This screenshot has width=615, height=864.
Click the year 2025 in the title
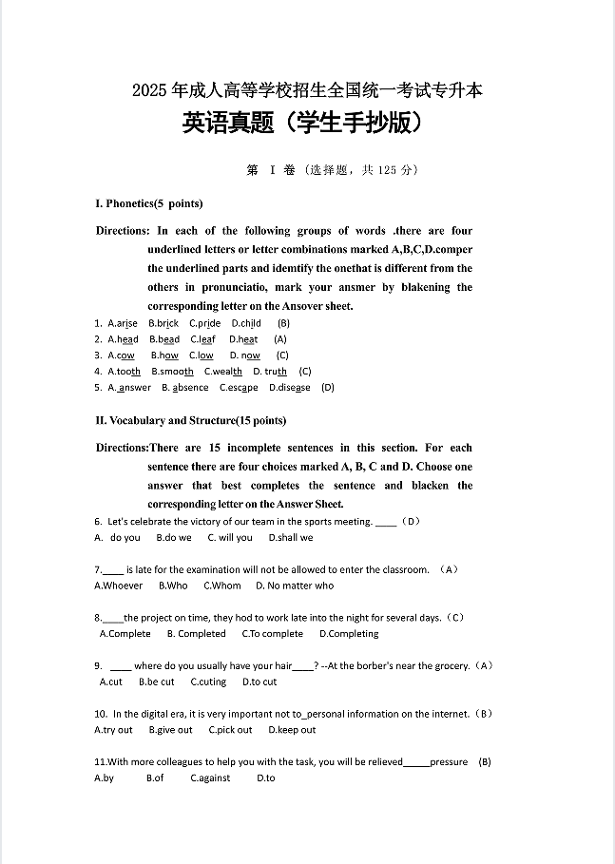point(149,91)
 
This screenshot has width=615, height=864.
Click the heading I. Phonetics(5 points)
point(148,203)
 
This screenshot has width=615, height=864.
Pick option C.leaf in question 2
point(202,339)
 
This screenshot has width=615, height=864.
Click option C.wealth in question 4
point(223,372)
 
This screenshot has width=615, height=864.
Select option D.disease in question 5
point(289,388)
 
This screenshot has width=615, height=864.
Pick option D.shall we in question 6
point(290,537)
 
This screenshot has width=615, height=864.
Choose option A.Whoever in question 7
point(119,586)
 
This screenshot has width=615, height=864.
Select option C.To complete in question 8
point(272,634)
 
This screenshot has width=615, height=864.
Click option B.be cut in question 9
point(156,682)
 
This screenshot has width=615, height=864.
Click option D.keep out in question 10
point(292,730)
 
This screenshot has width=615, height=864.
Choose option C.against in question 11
point(210,778)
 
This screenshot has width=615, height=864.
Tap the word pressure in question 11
point(449,762)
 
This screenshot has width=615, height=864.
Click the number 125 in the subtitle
point(387,170)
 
